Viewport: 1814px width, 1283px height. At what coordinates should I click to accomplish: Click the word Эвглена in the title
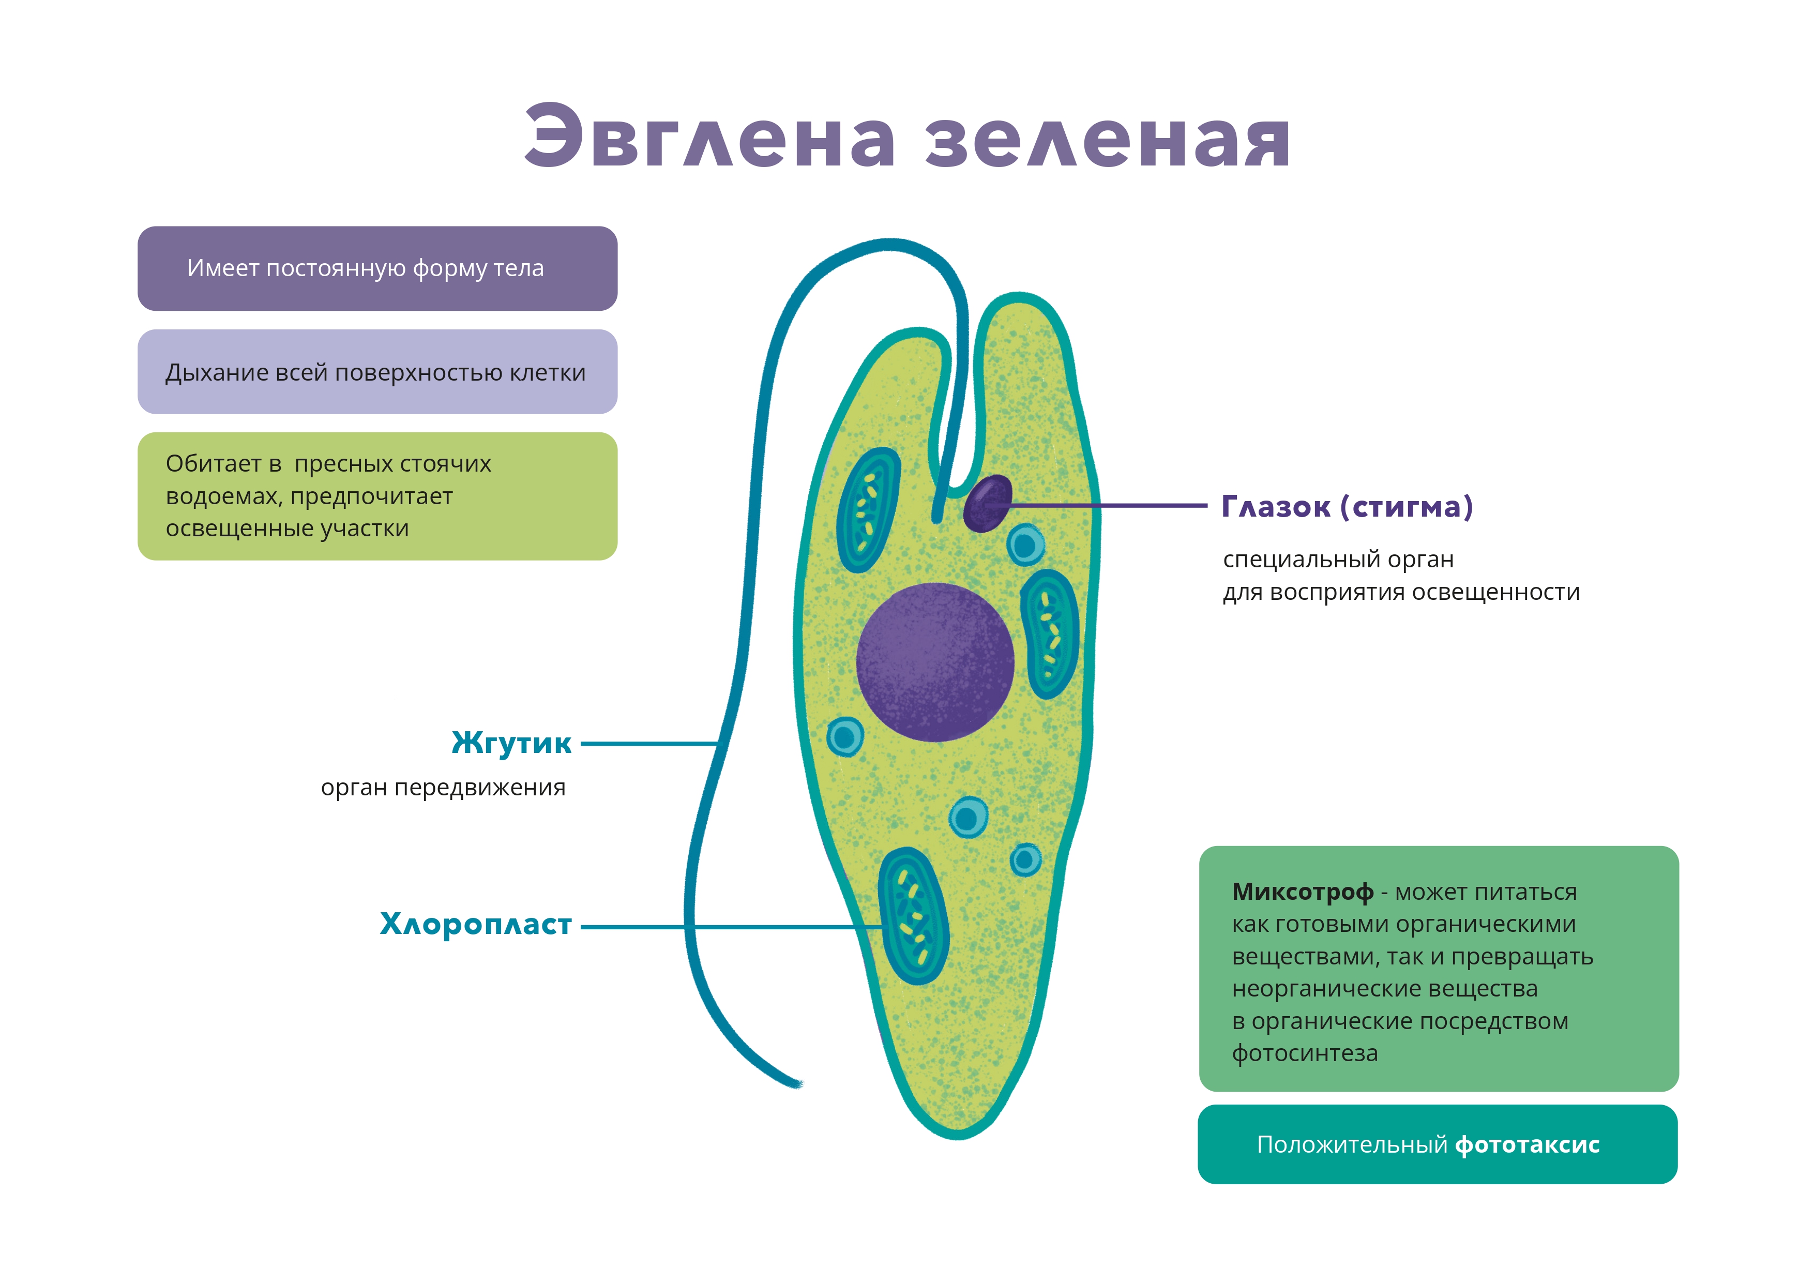[x=709, y=136]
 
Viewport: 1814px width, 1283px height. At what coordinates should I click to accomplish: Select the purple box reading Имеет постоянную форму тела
[x=377, y=268]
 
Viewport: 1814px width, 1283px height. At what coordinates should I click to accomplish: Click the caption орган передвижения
[x=443, y=788]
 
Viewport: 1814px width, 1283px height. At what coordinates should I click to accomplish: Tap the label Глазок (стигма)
[x=1347, y=506]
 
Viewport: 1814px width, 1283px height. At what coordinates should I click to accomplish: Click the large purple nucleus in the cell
[x=935, y=662]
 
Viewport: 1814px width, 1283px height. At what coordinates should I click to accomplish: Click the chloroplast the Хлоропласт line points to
[x=913, y=916]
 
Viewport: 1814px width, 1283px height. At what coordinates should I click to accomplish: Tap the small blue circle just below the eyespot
[x=1025, y=545]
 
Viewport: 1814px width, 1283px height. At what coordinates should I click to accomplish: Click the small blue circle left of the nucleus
[x=844, y=737]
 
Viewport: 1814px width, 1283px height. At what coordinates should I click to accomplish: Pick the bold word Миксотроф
[x=1303, y=892]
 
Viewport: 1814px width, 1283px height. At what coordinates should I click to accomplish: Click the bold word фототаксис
[x=1527, y=1145]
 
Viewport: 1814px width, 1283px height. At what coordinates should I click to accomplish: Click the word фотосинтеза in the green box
[x=1305, y=1053]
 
